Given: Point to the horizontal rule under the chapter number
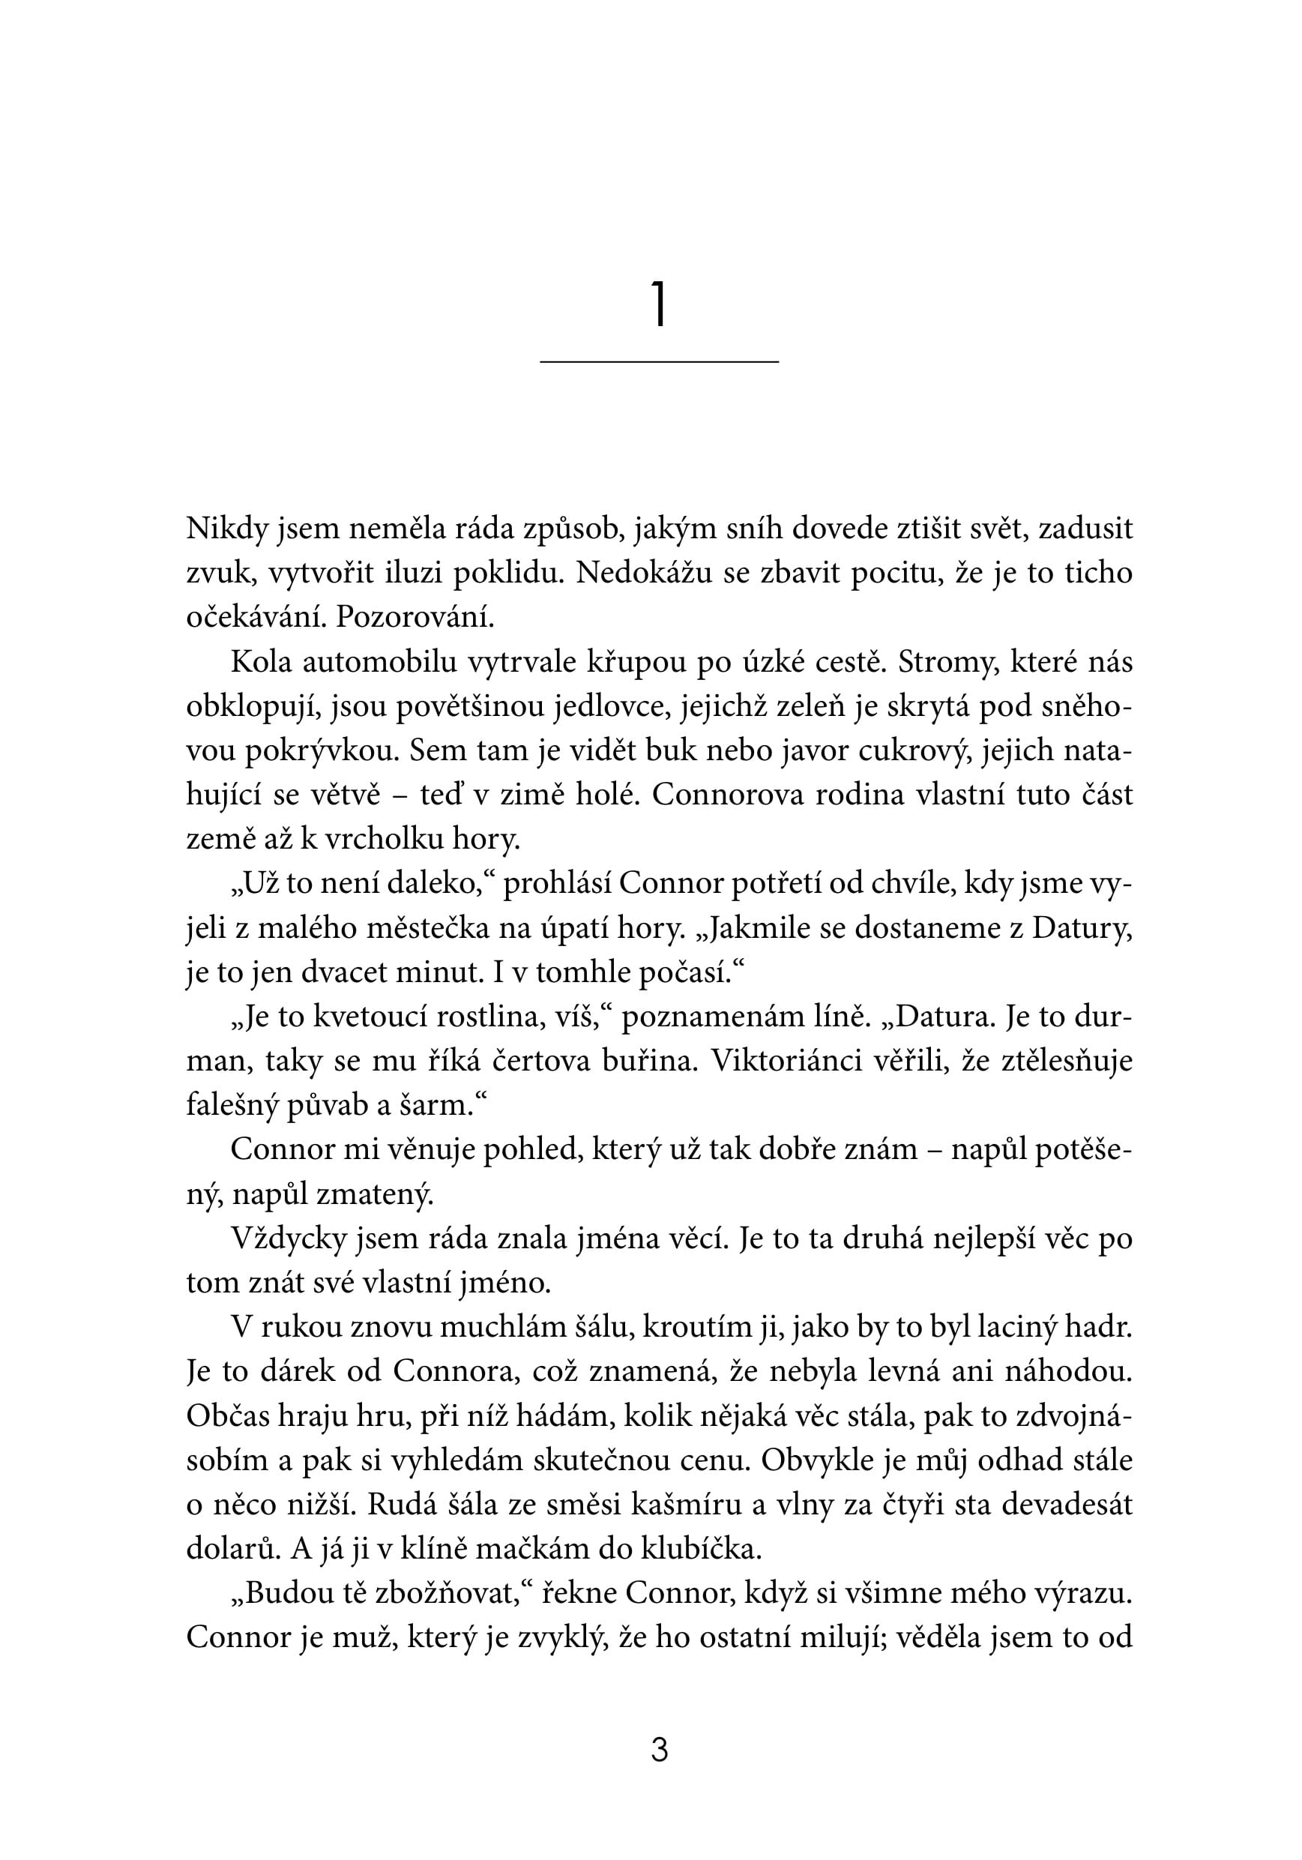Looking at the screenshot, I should click(659, 361).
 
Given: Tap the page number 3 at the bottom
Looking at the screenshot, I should click(659, 1751).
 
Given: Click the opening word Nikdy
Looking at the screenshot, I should click(227, 529).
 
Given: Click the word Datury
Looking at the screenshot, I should click(1081, 927).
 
